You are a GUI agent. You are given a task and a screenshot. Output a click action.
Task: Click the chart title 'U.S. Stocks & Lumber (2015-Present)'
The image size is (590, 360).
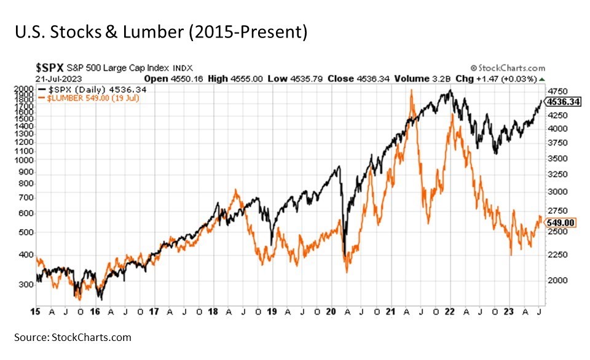pos(161,31)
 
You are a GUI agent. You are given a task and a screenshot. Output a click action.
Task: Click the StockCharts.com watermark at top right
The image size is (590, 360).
pos(507,69)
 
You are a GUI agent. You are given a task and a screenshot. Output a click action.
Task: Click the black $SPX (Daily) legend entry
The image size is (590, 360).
pos(92,89)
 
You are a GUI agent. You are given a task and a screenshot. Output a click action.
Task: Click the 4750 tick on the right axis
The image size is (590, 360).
pos(557,90)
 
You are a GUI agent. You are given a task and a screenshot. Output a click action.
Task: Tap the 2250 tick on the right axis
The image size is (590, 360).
pos(557,254)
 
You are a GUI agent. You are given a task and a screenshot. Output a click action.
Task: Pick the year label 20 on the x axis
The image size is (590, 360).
pos(331,311)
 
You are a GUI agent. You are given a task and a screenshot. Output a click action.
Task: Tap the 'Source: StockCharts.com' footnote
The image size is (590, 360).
pos(73,337)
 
